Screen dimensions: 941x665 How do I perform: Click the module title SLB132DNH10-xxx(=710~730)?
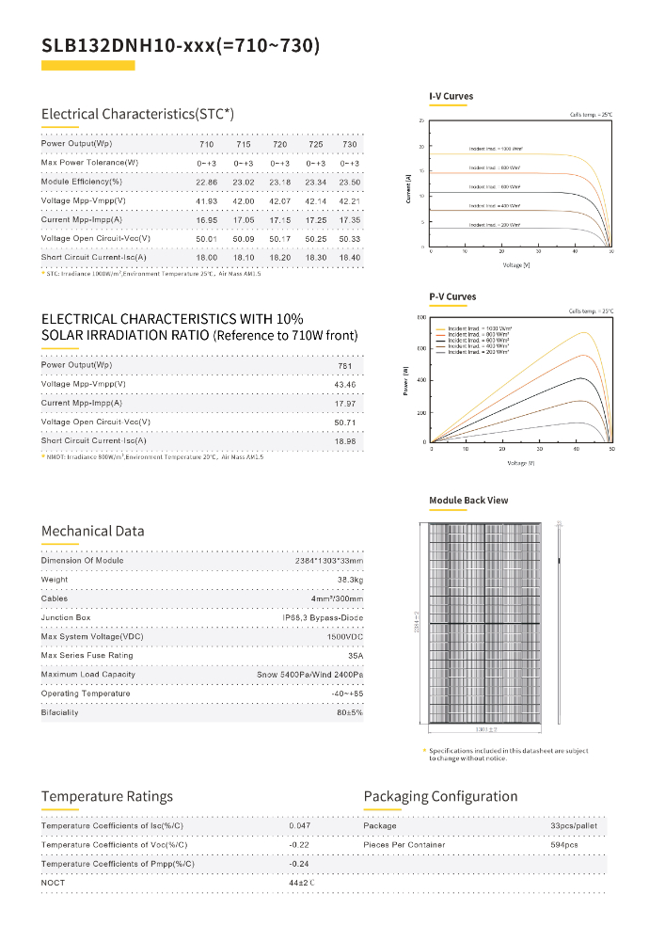181,46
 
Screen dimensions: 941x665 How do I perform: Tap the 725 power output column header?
316,144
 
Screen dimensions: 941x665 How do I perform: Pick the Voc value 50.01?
206,239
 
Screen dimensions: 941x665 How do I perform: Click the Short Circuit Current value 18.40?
350,258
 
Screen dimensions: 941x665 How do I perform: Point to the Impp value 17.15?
279,220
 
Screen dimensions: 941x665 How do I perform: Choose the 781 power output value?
344,365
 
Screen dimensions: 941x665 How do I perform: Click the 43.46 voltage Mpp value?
344,384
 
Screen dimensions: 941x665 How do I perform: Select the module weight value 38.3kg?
349,580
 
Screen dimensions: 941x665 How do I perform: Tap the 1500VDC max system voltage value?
345,637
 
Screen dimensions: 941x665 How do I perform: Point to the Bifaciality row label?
60,712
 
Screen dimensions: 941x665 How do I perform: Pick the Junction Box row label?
65,617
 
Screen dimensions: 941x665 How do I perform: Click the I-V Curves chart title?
451,97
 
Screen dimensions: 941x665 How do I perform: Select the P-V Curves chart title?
452,297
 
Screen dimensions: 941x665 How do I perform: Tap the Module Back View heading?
468,501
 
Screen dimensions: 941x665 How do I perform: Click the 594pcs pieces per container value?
565,845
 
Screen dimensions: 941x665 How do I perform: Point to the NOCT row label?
53,882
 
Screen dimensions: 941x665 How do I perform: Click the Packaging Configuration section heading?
440,797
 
